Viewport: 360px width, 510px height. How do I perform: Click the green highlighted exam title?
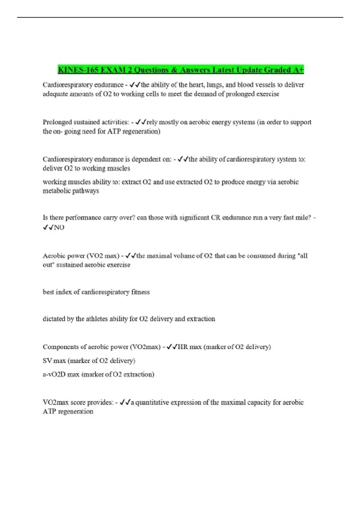click(181, 70)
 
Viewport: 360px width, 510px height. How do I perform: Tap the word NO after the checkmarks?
click(59, 227)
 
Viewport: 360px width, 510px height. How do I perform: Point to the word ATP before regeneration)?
click(114, 131)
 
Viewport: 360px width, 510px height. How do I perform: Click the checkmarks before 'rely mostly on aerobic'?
click(141, 122)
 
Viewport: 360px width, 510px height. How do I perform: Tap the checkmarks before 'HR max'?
click(172, 347)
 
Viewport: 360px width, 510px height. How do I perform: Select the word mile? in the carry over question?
click(302, 217)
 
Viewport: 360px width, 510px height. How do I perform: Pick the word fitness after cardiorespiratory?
click(140, 292)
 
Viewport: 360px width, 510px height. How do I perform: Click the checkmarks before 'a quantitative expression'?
click(125, 402)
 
